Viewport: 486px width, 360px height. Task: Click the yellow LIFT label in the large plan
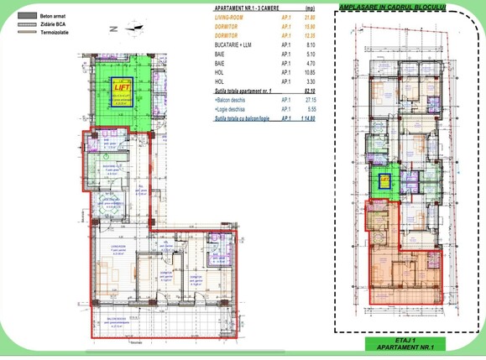[x=123, y=85]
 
